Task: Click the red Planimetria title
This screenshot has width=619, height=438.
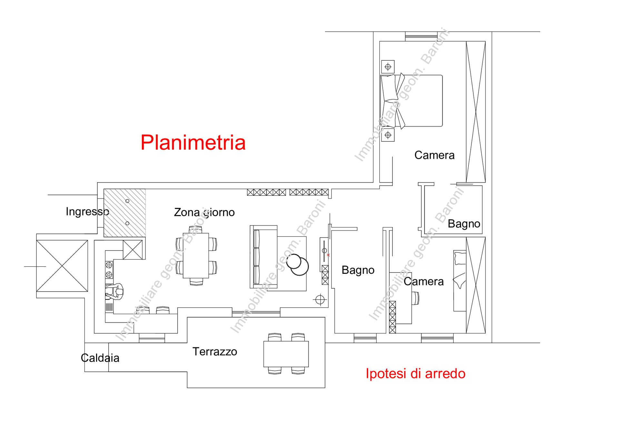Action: click(193, 143)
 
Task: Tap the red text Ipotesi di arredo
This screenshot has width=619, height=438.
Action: click(416, 373)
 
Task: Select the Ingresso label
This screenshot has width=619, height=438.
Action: click(87, 212)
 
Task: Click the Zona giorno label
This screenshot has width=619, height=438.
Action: click(204, 213)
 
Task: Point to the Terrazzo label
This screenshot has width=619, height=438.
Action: click(215, 352)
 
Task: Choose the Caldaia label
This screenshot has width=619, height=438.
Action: click(100, 358)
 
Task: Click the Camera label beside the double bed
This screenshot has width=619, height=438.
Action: click(434, 155)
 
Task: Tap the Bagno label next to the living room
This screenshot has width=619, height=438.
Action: click(358, 270)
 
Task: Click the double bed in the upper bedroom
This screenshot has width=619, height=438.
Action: click(412, 101)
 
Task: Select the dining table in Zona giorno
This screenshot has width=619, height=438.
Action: click(196, 255)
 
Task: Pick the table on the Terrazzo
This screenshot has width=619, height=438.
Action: click(286, 354)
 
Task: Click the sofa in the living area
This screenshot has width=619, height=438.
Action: click(264, 257)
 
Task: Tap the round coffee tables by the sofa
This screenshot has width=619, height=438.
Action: click(298, 264)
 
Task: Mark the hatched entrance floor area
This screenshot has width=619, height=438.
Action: click(124, 213)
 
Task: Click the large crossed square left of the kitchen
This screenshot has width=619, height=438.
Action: click(62, 266)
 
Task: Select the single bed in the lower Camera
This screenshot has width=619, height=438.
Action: click(460, 281)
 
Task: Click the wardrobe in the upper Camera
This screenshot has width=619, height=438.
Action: click(476, 112)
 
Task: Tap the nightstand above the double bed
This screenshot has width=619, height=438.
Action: click(388, 67)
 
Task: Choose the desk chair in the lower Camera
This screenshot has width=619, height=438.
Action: click(415, 298)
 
